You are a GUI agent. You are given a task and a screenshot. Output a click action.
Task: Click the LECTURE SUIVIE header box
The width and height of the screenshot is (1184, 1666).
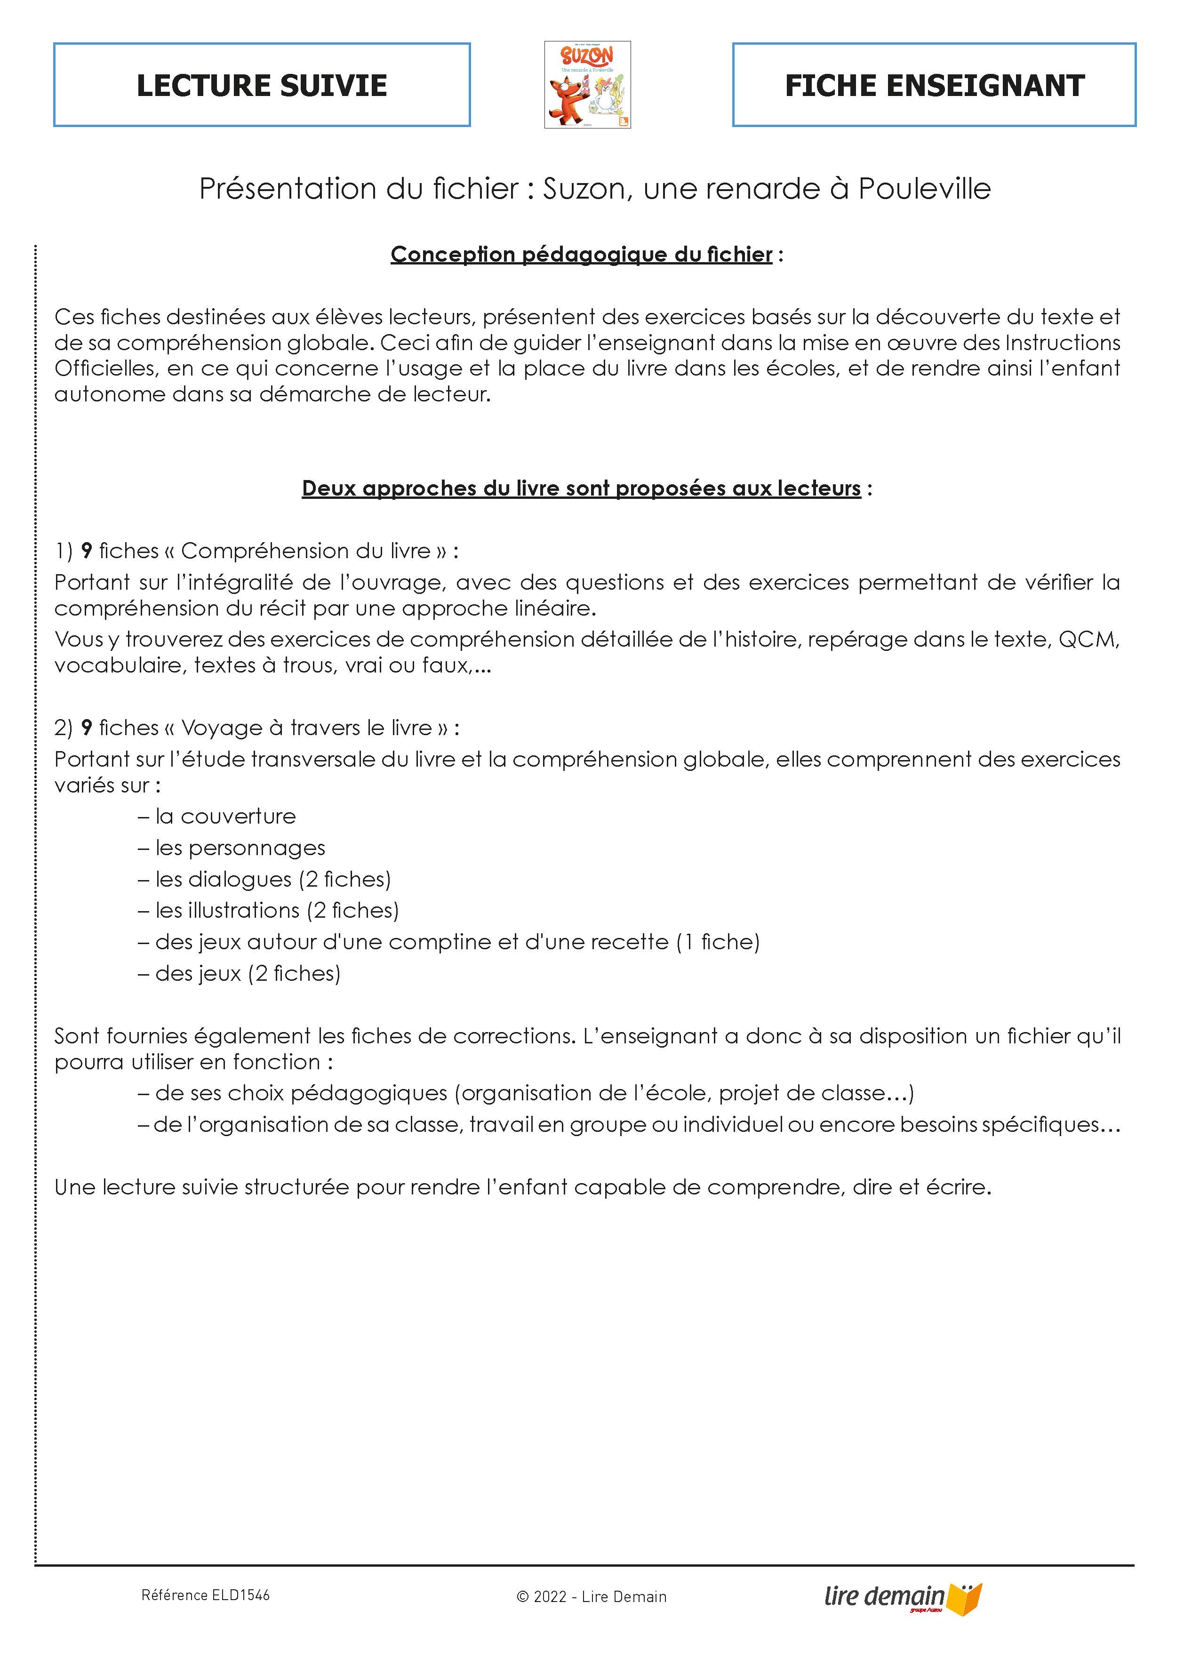[262, 85]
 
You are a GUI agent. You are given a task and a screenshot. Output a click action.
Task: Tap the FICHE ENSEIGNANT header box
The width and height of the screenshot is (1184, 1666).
[934, 85]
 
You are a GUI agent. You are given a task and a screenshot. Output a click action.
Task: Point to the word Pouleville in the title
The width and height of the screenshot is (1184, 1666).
[924, 189]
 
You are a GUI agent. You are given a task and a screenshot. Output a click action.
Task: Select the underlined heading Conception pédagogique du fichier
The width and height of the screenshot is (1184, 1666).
[581, 255]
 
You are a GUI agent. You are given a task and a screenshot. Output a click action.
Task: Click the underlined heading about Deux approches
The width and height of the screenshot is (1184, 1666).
[581, 489]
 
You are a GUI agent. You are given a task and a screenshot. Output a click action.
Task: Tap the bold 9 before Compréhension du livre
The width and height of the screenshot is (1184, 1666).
[86, 551]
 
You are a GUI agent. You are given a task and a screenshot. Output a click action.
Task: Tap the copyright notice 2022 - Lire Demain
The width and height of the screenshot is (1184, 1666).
[591, 1597]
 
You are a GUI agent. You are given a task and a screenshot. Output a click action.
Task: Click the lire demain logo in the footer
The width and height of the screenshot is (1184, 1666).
[903, 1597]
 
